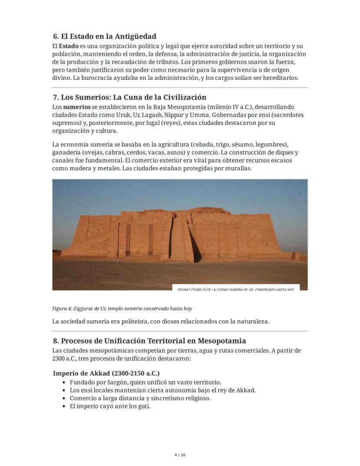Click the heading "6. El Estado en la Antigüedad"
104,36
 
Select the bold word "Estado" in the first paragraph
69,46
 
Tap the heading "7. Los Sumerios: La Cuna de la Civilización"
129,97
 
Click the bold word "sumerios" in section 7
77,107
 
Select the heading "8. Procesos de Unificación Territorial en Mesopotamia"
149,341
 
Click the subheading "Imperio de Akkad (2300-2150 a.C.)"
106,373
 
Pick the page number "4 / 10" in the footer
180,455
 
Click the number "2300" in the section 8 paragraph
59,359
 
